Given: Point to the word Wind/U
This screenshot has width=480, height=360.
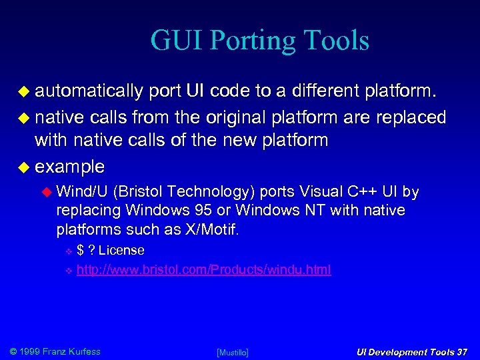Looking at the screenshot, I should (83, 192).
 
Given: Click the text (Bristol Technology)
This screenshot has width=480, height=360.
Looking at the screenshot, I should (185, 192).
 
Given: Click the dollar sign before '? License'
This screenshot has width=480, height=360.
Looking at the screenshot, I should (80, 251).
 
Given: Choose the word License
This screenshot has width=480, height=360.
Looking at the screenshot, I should (121, 251).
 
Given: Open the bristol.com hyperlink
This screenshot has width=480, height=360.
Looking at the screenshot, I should (203, 270).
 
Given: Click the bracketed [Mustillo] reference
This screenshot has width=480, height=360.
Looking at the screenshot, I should (233, 352).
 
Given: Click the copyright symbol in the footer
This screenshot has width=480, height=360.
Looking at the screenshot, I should (13, 351).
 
